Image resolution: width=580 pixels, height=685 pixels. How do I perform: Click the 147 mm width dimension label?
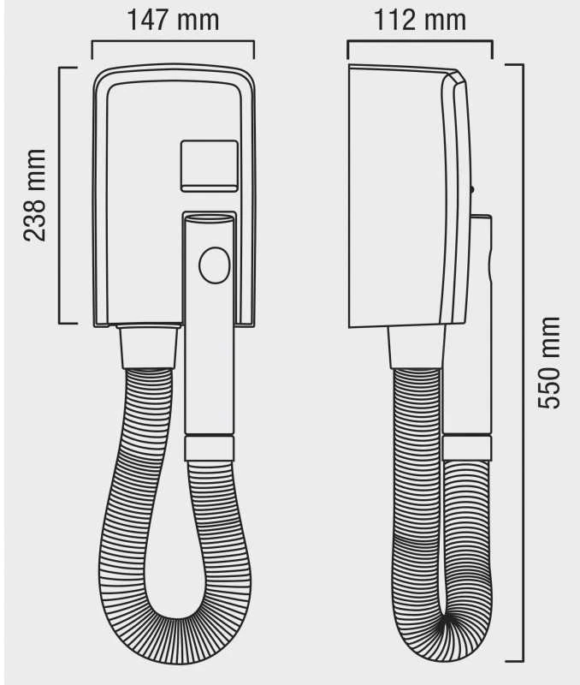(173, 20)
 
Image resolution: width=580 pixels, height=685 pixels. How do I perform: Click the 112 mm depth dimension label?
(420, 20)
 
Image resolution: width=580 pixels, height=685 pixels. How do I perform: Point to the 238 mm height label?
(34, 195)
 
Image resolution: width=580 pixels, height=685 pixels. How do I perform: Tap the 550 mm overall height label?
(548, 362)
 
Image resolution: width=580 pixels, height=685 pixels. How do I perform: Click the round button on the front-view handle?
(214, 265)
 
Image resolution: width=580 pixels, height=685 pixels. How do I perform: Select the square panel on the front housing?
(210, 166)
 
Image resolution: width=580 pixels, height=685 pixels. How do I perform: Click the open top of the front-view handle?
(209, 217)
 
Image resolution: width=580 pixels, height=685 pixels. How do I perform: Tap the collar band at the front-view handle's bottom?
(209, 448)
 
